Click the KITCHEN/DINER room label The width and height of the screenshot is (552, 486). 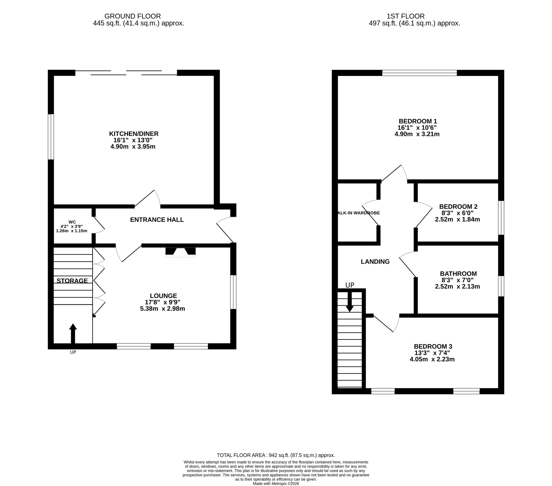[x=134, y=134]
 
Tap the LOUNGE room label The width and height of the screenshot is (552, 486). [x=163, y=296]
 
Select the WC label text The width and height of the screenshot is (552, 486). [x=72, y=222]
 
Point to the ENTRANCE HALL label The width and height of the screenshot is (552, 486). [x=157, y=220]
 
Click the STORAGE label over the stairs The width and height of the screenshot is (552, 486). [x=72, y=281]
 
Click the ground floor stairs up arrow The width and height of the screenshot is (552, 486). [x=73, y=333]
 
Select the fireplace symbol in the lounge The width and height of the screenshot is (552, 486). [x=180, y=252]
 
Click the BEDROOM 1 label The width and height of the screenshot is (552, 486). [x=418, y=121]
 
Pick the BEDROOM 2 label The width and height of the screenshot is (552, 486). [x=458, y=207]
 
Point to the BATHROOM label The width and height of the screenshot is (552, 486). [x=458, y=273]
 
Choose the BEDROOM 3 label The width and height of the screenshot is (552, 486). [x=433, y=346]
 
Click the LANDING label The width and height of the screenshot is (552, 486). [x=375, y=261]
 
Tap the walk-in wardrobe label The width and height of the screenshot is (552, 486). [x=359, y=213]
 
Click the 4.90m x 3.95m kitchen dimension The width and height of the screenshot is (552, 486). [x=133, y=147]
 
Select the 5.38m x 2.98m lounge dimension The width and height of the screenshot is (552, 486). [x=163, y=309]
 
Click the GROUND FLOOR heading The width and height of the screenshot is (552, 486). [x=133, y=16]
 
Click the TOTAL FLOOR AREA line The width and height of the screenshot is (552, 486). [x=276, y=455]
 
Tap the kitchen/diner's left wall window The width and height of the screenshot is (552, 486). [x=51, y=137]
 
